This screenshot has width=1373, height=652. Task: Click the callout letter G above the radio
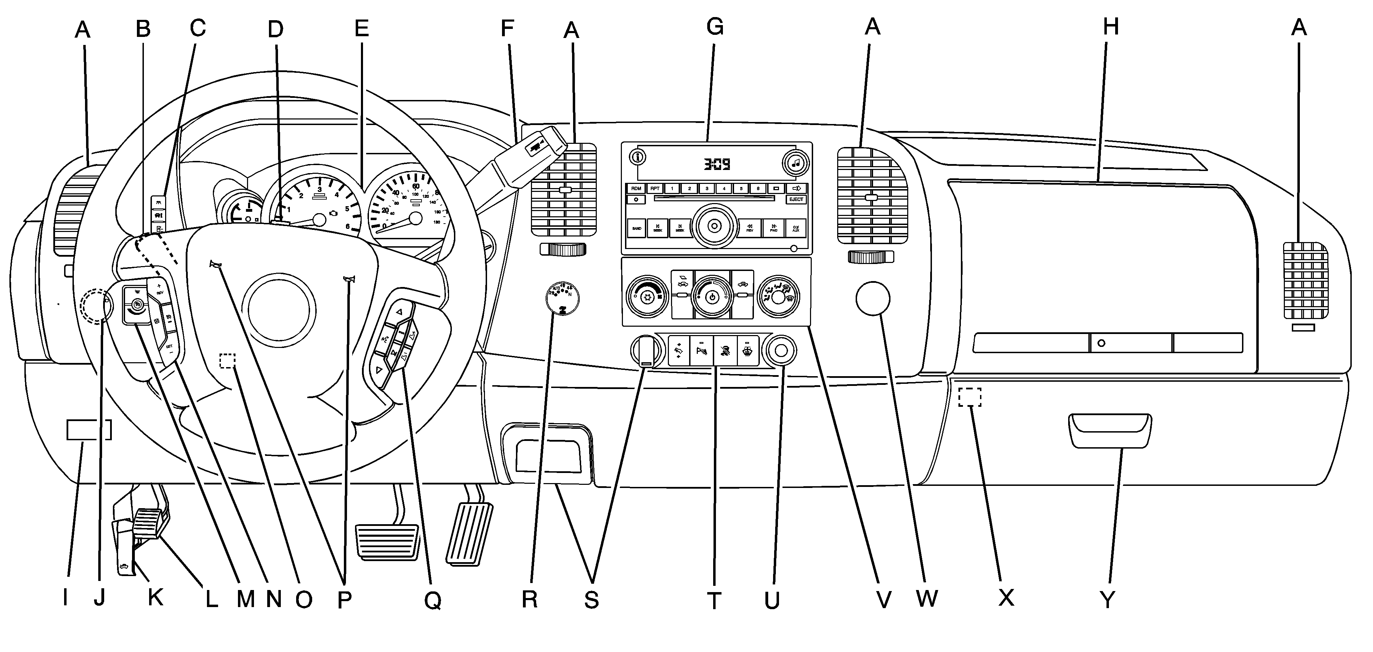[x=715, y=26]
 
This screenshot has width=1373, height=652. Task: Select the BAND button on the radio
[x=637, y=228]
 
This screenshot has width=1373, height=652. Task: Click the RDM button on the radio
[x=636, y=188]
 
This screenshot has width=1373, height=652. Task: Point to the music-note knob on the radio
[x=795, y=164]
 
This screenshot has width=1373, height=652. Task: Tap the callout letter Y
[x=1108, y=600]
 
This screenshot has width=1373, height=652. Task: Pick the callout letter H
[x=1111, y=26]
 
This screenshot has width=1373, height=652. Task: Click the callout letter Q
[x=432, y=601]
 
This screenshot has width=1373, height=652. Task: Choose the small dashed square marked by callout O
[x=227, y=360]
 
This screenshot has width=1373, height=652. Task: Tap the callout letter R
[x=529, y=600]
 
